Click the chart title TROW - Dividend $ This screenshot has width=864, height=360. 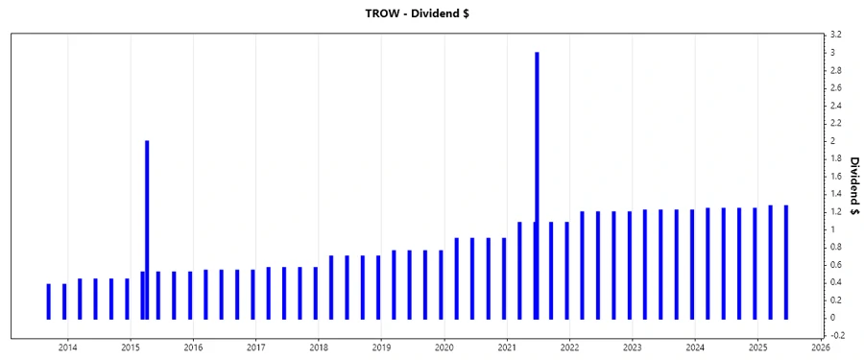pyautogui.click(x=432, y=12)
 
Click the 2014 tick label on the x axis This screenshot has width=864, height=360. pyautogui.click(x=68, y=347)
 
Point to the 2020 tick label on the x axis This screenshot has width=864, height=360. pyautogui.click(x=444, y=347)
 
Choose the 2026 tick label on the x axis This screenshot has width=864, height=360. pyautogui.click(x=821, y=347)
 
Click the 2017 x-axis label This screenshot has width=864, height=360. pyautogui.click(x=256, y=347)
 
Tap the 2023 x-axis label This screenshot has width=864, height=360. pyautogui.click(x=633, y=347)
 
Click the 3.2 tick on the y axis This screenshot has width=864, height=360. pyautogui.click(x=837, y=35)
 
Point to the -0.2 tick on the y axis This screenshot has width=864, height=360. pyautogui.click(x=837, y=335)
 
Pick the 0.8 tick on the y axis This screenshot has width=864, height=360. pyautogui.click(x=837, y=247)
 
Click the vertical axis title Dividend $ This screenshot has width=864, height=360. pyautogui.click(x=853, y=185)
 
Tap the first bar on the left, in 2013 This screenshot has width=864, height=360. pyautogui.click(x=49, y=300)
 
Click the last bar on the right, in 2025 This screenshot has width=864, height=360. pyautogui.click(x=786, y=261)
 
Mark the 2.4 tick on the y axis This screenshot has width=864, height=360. pyautogui.click(x=837, y=106)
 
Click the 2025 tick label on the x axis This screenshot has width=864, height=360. pyautogui.click(x=757, y=347)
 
